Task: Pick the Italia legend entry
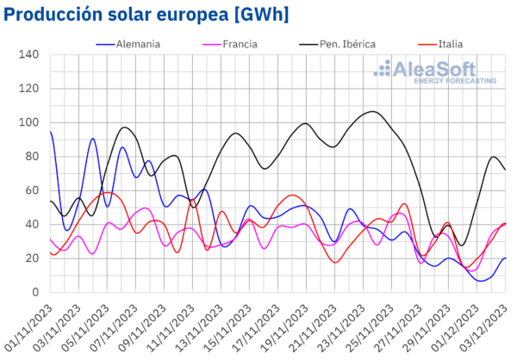[x=447, y=42]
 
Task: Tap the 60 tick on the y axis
[x=33, y=190]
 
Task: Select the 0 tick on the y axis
[x=36, y=292]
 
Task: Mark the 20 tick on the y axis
[x=33, y=258]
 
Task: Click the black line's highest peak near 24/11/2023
[x=371, y=111]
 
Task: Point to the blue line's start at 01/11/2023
[x=50, y=132]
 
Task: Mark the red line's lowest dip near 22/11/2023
[x=336, y=262]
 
